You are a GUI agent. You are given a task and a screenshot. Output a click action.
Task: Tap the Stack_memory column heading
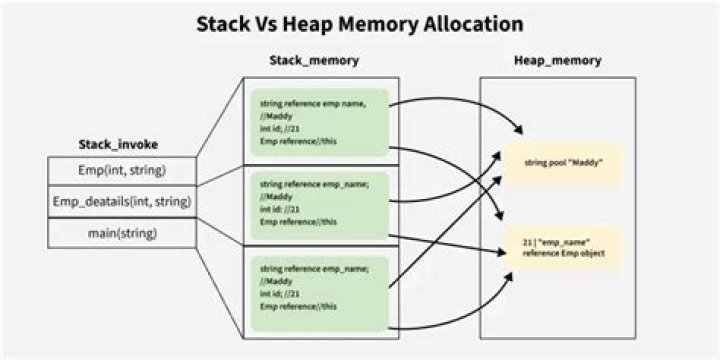314,61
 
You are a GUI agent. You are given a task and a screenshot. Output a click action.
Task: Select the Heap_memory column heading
557,61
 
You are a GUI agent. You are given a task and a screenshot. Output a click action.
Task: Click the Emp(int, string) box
122,170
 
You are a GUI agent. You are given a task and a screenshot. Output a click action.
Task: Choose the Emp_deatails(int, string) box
122,202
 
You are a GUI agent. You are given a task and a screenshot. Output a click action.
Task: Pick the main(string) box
122,234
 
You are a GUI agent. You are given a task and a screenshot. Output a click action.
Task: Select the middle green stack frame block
319,202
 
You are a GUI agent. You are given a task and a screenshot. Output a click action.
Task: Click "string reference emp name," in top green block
311,103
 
